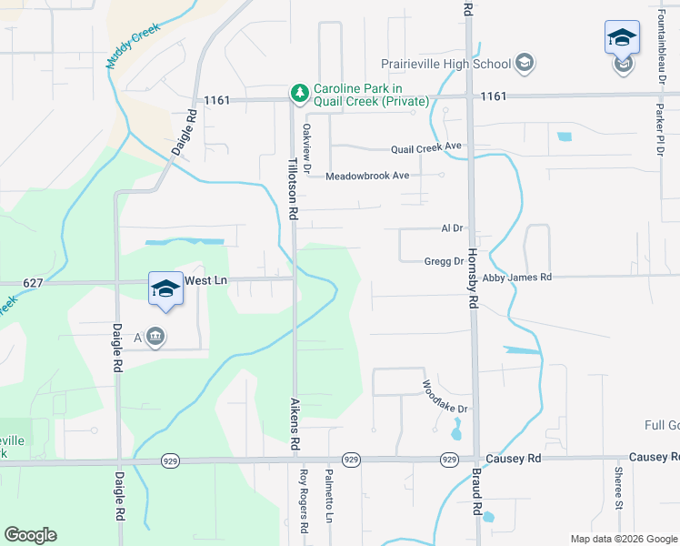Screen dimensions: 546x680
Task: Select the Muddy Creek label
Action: (132, 46)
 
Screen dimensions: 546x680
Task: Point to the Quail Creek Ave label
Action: (426, 147)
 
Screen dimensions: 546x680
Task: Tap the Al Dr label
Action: (452, 228)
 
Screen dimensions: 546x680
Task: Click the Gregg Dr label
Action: (444, 261)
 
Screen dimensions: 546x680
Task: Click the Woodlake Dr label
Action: (445, 397)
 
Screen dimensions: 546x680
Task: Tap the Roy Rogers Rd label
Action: (305, 500)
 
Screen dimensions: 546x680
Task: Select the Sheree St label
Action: (617, 490)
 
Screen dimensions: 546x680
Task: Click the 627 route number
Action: (33, 283)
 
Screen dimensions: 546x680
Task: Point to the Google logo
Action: (30, 535)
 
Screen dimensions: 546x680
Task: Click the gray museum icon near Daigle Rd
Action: (156, 337)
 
